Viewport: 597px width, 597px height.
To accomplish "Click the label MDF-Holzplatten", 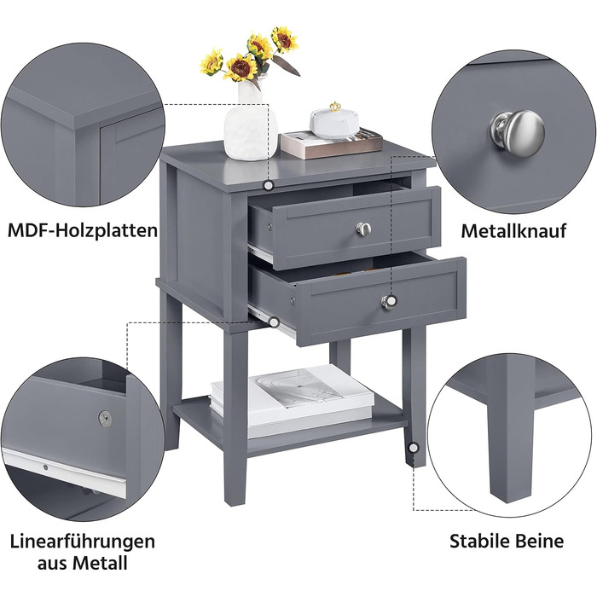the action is pos(82,231).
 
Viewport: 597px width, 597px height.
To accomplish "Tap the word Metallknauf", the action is pos(513,231).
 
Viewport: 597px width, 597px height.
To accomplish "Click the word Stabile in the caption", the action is pos(479,541).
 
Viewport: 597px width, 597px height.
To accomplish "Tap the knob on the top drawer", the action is pos(364,229).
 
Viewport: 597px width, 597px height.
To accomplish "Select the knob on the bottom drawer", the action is pos(389,302).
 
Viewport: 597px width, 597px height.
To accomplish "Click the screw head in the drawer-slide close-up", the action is pos(105,418).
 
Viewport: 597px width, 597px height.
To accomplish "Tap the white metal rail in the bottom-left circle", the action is pos(65,472).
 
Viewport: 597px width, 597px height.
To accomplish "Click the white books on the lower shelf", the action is pos(292,400).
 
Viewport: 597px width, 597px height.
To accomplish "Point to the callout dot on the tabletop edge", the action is pos(269,185).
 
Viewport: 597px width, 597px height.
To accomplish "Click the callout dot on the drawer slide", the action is pos(274,322).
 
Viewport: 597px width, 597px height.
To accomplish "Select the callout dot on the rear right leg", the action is pos(413,448).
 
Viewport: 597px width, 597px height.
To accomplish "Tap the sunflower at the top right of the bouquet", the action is pos(284,39).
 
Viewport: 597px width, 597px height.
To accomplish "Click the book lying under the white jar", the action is pos(331,143).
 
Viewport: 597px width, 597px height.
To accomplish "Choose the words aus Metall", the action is pos(82,563).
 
